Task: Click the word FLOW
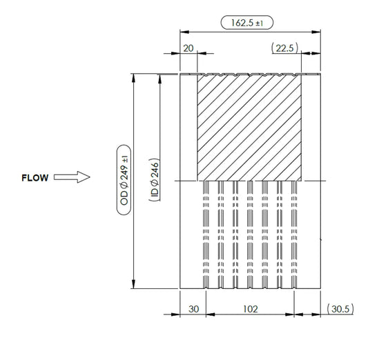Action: click(x=35, y=178)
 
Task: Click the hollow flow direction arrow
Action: click(x=72, y=177)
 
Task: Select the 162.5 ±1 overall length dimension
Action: click(x=247, y=23)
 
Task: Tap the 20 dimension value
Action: click(x=188, y=48)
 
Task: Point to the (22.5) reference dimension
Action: click(x=284, y=48)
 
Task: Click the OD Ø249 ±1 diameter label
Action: click(x=124, y=180)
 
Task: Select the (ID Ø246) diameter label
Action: click(x=155, y=180)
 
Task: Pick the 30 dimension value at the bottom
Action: click(x=193, y=309)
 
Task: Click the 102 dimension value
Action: click(x=251, y=309)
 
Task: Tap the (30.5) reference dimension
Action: click(x=340, y=309)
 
